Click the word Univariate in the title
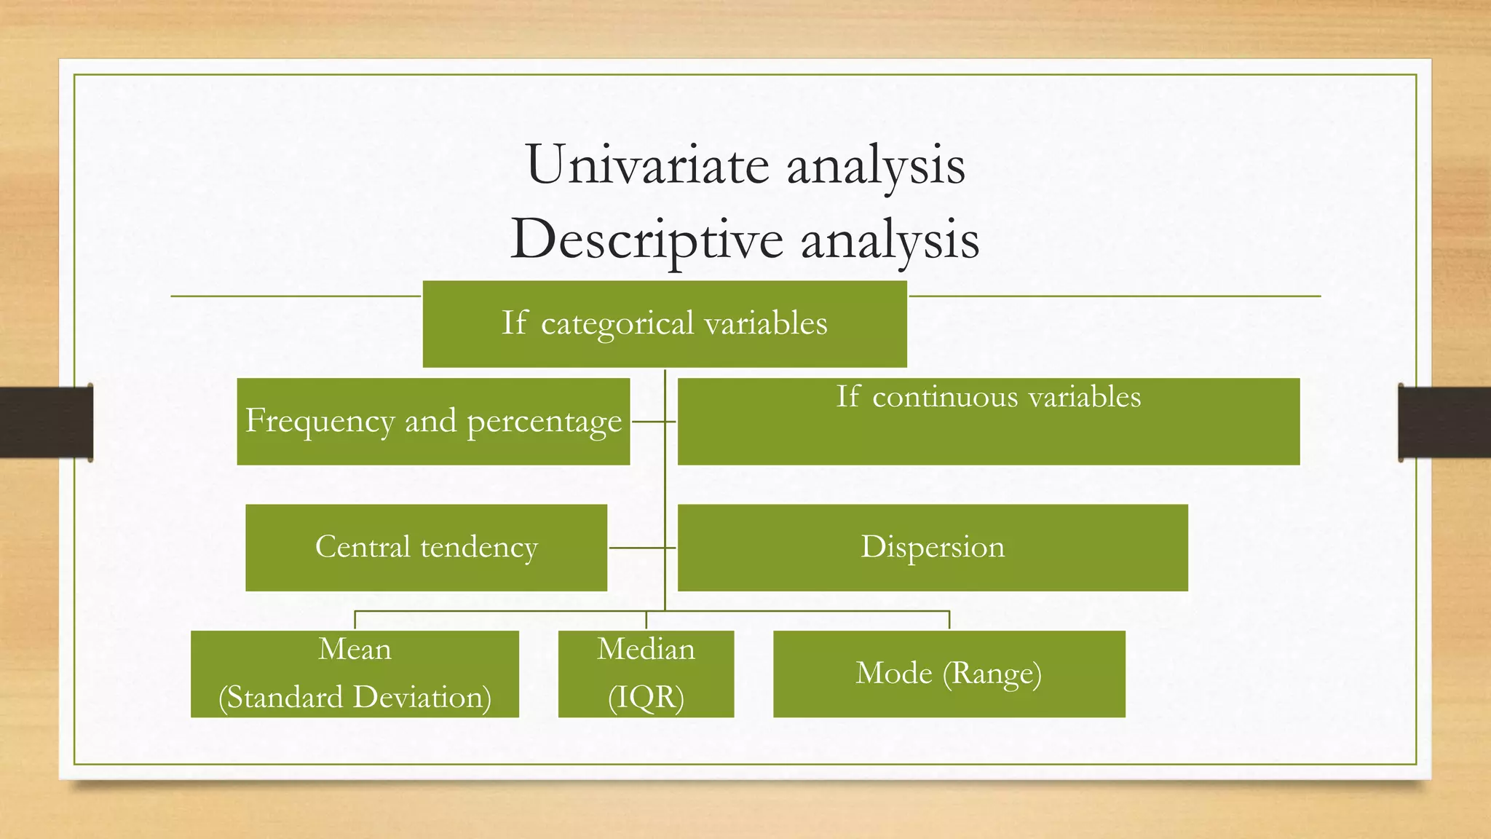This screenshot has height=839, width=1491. (x=647, y=165)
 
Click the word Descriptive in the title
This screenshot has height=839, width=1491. (x=647, y=240)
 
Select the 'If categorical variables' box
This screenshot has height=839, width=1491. (x=664, y=323)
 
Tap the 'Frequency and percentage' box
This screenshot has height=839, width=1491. (x=433, y=421)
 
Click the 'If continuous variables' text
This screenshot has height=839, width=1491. (x=988, y=397)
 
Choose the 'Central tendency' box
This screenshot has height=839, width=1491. (x=426, y=547)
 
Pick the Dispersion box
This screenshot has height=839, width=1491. (x=932, y=547)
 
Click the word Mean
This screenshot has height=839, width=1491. (x=355, y=649)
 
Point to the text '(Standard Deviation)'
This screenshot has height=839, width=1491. (x=355, y=697)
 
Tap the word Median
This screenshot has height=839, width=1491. (x=646, y=649)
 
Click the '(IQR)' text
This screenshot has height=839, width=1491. (x=646, y=697)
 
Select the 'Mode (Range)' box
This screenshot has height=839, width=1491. (x=949, y=674)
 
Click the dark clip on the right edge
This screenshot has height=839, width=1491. (x=1444, y=422)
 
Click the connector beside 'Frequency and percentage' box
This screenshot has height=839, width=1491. (x=652, y=421)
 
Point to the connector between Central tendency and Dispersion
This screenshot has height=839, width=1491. (x=641, y=547)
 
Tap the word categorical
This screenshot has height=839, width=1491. (x=617, y=324)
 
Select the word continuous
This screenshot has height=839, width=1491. (x=945, y=397)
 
